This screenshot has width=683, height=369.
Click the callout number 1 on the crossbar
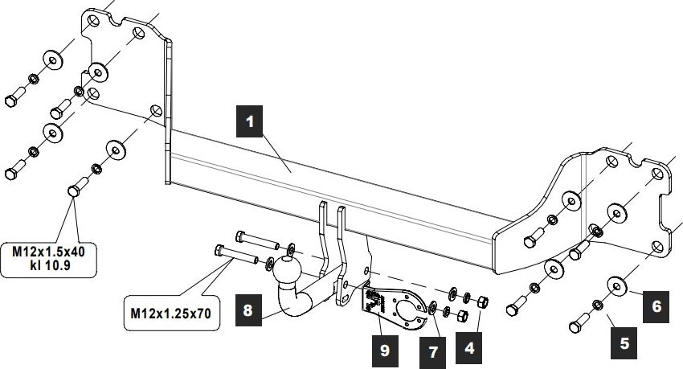250,121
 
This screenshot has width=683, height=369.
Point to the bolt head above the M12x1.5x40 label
72,191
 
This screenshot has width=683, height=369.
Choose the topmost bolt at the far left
12,100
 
